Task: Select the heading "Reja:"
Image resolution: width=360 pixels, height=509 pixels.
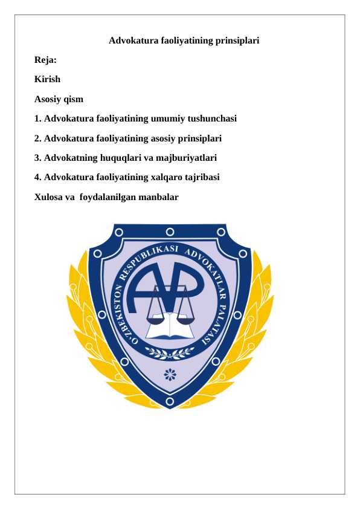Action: coord(46,60)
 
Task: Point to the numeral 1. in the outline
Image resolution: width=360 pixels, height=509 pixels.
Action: coord(38,118)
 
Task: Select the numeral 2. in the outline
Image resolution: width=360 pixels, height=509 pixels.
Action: coord(38,138)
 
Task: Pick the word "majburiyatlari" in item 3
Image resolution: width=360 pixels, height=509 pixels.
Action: coord(187,158)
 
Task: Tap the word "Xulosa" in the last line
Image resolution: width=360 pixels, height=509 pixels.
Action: coord(50,197)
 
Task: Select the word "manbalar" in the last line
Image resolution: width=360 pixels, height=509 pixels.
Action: coord(158,197)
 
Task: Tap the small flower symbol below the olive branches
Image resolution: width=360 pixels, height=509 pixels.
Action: coord(170,374)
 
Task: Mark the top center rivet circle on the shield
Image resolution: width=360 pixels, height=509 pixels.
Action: coord(170,232)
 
